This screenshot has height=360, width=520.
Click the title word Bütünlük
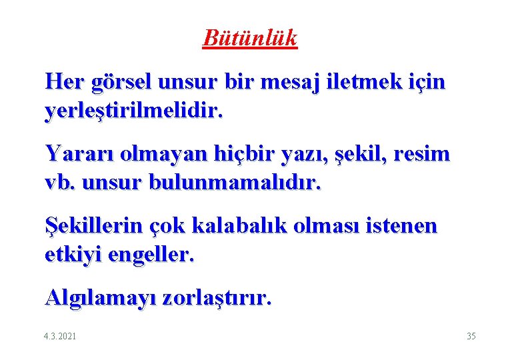click(250, 38)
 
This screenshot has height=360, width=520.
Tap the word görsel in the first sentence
click(125, 83)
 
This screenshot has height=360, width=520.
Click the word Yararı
click(75, 154)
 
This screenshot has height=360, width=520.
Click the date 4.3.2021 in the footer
click(59, 335)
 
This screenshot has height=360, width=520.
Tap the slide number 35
click(471, 335)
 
